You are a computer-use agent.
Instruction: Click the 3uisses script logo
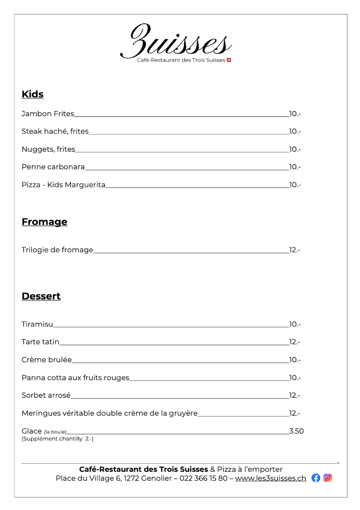coord(176,42)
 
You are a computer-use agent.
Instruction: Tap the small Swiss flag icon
coord(229,60)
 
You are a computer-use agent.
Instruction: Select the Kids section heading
coord(33,94)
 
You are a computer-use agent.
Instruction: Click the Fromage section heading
coord(45,222)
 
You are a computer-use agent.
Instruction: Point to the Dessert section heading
coord(41,296)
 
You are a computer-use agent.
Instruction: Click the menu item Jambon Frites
coord(48,114)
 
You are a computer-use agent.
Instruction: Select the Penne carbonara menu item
coord(53,167)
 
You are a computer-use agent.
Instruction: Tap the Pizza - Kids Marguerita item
coord(63,185)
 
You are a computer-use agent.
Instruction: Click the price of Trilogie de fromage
coord(295,250)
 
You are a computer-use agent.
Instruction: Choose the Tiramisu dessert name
coord(37,324)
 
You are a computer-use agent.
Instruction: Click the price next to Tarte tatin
coord(295,342)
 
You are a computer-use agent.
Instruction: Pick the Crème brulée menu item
coord(47,360)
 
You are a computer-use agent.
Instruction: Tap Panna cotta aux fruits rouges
coord(75,378)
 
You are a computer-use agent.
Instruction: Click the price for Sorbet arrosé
coord(295,396)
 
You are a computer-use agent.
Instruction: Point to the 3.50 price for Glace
coord(296,431)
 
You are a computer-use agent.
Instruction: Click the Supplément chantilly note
coord(57,439)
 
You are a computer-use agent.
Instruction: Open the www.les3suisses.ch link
coord(270,478)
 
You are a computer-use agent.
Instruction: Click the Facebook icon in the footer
coord(316,478)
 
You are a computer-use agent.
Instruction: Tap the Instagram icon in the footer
coord(328,478)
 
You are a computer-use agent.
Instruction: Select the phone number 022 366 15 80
coord(203,478)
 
